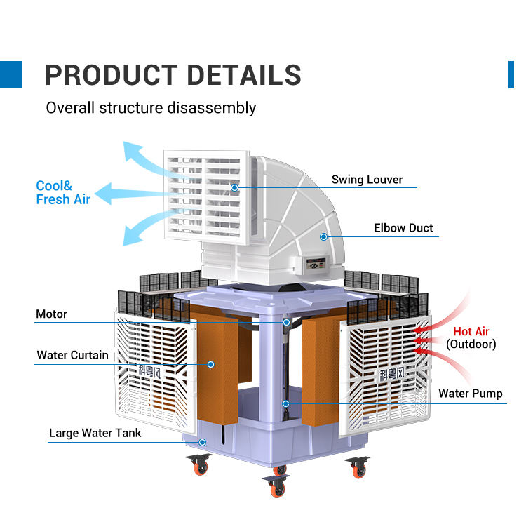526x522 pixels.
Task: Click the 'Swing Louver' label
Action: [367, 180]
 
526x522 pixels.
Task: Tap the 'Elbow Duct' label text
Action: [403, 228]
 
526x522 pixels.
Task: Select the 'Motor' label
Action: [51, 314]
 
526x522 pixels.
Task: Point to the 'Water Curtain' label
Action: [72, 355]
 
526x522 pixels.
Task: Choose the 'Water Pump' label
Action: [471, 394]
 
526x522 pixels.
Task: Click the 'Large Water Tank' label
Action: [95, 434]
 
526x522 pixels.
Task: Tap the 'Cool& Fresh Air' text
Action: [63, 192]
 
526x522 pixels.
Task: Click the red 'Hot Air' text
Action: [471, 332]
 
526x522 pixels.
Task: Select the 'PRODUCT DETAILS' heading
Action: [173, 75]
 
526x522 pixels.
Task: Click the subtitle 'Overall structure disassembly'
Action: [151, 108]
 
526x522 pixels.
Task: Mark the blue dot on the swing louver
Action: [235, 187]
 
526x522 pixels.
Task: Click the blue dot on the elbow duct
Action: [323, 236]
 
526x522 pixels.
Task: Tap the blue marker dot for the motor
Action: [286, 322]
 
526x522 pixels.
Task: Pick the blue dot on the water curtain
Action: [210, 365]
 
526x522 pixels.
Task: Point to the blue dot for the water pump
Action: [286, 403]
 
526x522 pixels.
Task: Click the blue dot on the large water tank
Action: [202, 443]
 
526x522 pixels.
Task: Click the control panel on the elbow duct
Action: [316, 263]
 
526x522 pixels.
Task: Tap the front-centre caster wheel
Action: [276, 486]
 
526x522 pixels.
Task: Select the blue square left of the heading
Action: [11, 74]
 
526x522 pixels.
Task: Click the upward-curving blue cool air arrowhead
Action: [132, 151]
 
